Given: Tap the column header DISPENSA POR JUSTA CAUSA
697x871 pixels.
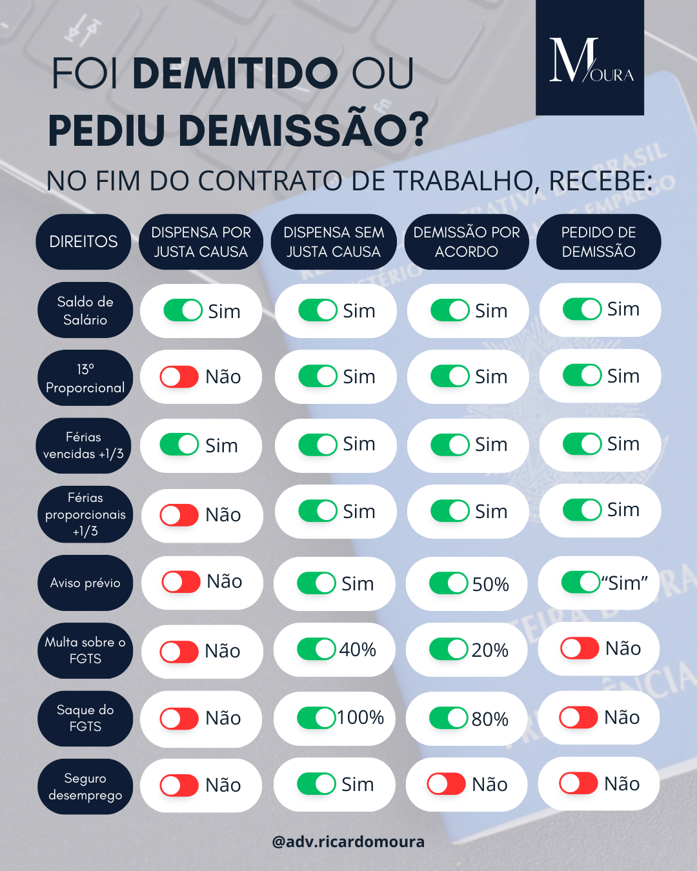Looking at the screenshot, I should (x=201, y=242).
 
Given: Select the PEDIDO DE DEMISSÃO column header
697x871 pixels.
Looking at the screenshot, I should (x=598, y=242).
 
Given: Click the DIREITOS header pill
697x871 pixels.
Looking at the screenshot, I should (x=83, y=242).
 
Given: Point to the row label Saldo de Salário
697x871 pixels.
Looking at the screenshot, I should (x=85, y=310).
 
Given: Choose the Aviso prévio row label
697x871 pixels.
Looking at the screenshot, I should (x=85, y=583).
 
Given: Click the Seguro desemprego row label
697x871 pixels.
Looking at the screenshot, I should (x=85, y=786).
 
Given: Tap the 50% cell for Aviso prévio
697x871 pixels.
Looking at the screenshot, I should (x=467, y=583).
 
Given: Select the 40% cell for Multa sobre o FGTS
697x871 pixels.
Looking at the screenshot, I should (x=335, y=649).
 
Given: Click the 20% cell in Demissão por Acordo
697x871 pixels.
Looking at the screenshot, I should (x=467, y=650).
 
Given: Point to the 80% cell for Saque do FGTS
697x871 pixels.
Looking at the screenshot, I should (x=467, y=718).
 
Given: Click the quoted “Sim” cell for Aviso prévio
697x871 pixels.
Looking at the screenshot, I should (x=599, y=583).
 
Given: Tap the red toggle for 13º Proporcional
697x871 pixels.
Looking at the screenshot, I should (x=179, y=377).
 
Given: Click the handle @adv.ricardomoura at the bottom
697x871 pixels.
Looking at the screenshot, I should (x=348, y=841).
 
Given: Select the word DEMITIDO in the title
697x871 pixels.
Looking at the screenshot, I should (x=235, y=73).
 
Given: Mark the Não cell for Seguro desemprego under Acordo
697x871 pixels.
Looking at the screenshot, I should (x=467, y=784).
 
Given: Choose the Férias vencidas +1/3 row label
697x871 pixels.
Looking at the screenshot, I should (x=84, y=445).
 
